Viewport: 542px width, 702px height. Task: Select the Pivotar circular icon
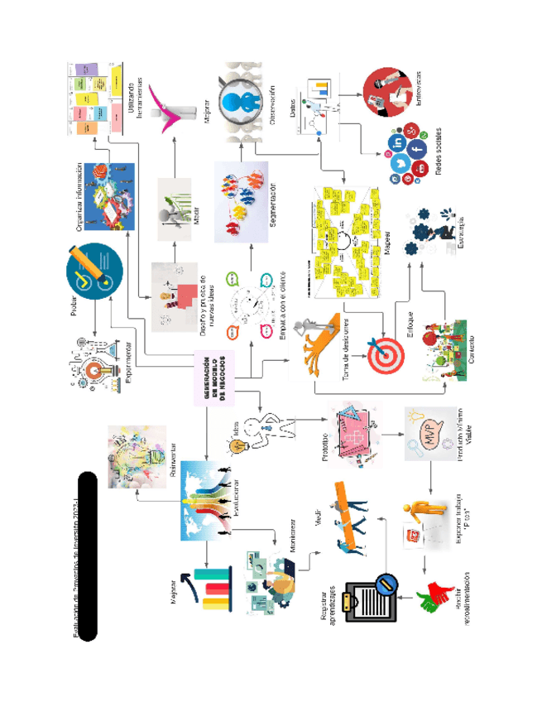[x=94, y=272]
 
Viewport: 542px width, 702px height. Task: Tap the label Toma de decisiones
[x=348, y=349]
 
